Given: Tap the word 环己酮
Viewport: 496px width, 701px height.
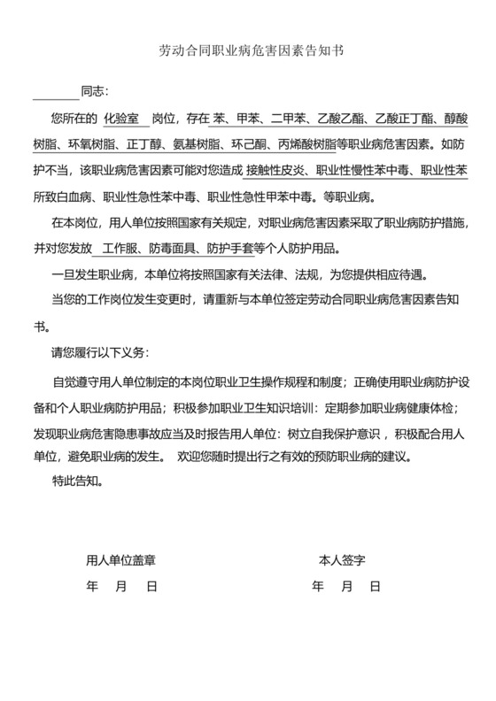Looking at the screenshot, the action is point(258,143).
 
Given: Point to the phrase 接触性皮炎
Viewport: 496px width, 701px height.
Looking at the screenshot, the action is point(275,168).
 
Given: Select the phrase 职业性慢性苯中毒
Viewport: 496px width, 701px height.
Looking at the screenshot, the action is point(364,168).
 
